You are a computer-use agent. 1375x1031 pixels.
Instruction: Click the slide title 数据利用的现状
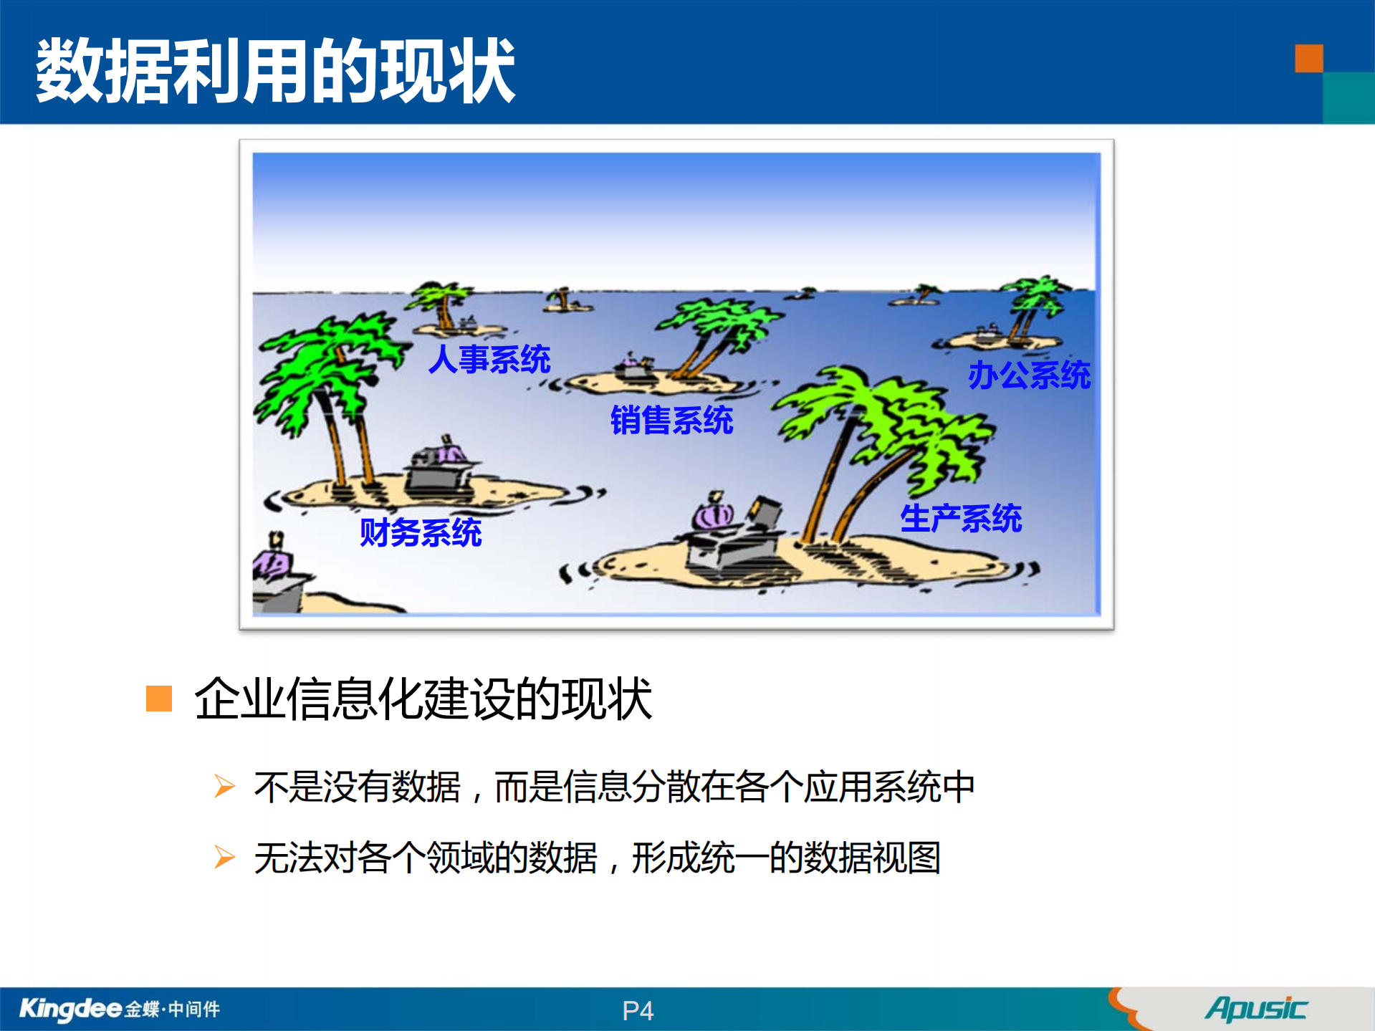pos(275,70)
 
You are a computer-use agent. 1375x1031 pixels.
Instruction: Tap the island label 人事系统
pos(489,359)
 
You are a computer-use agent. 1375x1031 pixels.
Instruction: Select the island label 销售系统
pos(671,420)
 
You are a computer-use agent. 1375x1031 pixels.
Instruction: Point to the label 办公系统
pos(1029,375)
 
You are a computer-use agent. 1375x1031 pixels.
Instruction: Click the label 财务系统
pos(421,532)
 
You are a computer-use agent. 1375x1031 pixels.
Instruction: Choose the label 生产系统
pos(961,518)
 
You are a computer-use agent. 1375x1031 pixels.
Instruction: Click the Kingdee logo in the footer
pos(119,1009)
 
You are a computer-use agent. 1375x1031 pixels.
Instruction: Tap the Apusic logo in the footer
pos(1256,1009)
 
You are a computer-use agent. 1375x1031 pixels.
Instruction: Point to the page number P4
pos(638,1011)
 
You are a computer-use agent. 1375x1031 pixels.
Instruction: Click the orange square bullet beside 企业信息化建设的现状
pos(159,699)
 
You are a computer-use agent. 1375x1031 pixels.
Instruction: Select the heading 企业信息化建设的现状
pos(423,699)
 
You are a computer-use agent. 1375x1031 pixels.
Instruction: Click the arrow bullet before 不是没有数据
pos(224,786)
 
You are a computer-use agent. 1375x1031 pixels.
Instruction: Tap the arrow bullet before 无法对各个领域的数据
pos(224,857)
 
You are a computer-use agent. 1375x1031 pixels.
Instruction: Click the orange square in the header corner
pos(1308,59)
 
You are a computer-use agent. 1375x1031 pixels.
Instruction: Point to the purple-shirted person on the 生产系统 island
pos(713,512)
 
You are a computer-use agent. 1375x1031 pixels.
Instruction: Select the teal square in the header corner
pos(1348,98)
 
